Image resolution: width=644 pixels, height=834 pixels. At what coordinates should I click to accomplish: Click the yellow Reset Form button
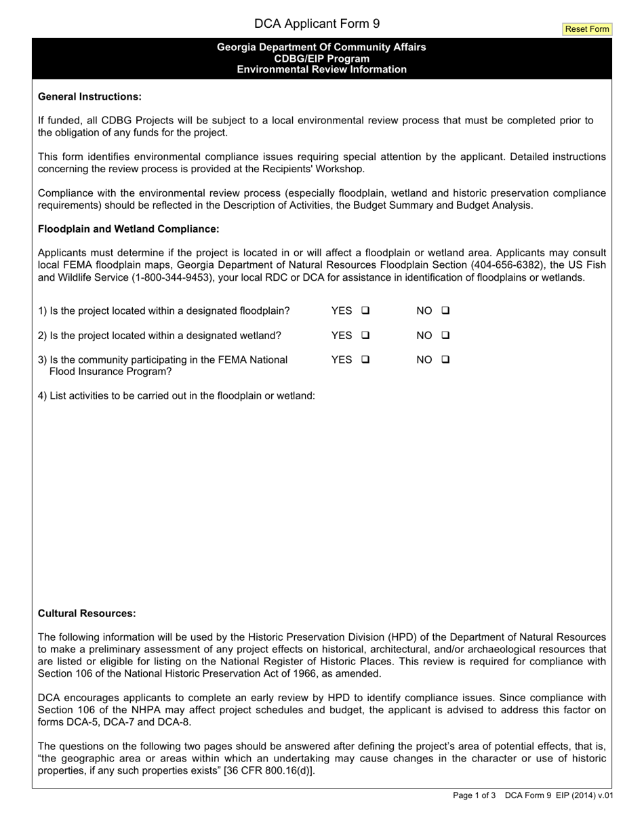tap(586, 29)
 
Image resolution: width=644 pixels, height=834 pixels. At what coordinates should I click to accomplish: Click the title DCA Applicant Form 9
tap(317, 24)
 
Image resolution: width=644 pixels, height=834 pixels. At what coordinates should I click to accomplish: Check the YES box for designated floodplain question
tap(365, 311)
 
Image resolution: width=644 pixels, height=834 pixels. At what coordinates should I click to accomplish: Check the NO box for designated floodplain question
tap(445, 311)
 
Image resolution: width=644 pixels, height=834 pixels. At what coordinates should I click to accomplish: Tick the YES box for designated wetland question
tap(365, 335)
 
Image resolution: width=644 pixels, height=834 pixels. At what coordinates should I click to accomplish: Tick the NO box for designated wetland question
tap(445, 335)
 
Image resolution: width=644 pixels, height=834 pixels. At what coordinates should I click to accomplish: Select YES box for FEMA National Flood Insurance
tap(365, 359)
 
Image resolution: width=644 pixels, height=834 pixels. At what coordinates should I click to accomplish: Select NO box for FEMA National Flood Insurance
tap(445, 359)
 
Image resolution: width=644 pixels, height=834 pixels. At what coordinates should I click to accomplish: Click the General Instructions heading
tap(89, 96)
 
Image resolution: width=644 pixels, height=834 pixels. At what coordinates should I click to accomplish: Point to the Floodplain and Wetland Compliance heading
tap(128, 229)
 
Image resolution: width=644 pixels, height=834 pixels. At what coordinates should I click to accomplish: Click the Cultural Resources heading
tap(87, 614)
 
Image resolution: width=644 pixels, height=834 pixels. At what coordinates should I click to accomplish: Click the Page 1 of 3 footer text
tap(475, 796)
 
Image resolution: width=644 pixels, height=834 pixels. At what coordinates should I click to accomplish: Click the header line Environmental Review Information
tap(321, 70)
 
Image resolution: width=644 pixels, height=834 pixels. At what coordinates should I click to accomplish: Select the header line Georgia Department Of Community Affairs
tap(321, 47)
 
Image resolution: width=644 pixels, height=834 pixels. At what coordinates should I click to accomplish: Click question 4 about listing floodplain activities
tap(176, 396)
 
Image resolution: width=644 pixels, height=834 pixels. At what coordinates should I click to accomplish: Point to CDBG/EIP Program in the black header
tap(321, 58)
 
